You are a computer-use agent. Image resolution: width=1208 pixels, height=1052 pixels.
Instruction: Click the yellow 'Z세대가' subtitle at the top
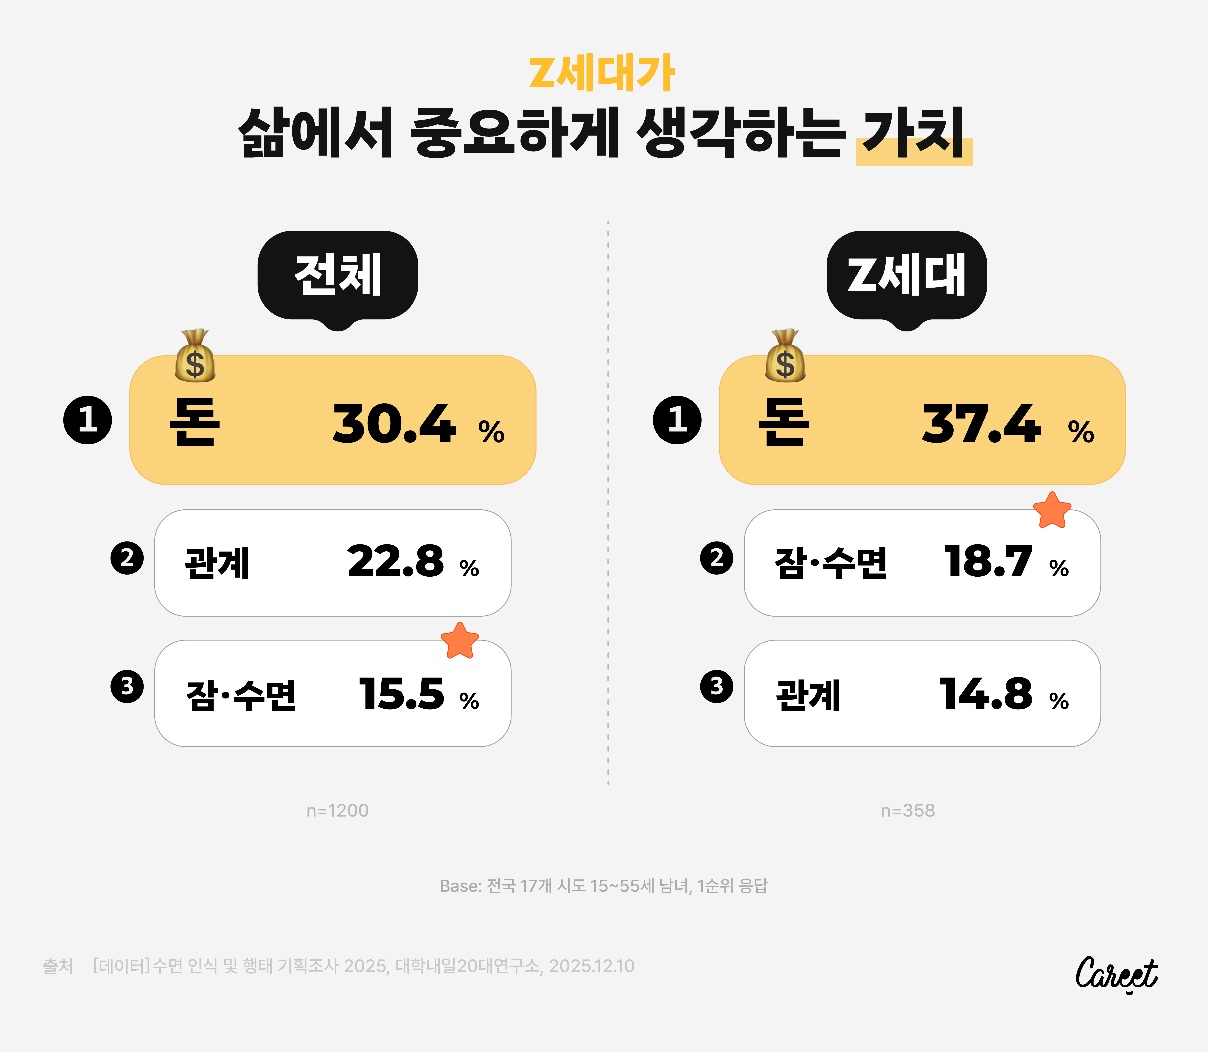[602, 75]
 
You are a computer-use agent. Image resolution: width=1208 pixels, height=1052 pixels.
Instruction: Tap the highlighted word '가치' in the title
[913, 134]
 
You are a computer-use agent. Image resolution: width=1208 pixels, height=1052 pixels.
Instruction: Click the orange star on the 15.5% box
[460, 641]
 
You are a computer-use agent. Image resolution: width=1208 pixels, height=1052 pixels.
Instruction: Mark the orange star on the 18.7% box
[1052, 510]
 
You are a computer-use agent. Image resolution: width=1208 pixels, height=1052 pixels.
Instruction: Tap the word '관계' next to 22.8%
[217, 563]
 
